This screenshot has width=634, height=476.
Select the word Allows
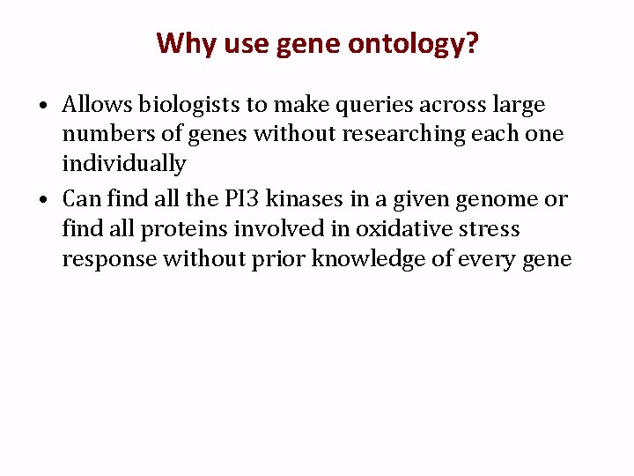98,105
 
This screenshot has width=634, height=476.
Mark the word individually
124,164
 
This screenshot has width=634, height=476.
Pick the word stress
490,229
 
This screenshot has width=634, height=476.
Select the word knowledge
394,259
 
